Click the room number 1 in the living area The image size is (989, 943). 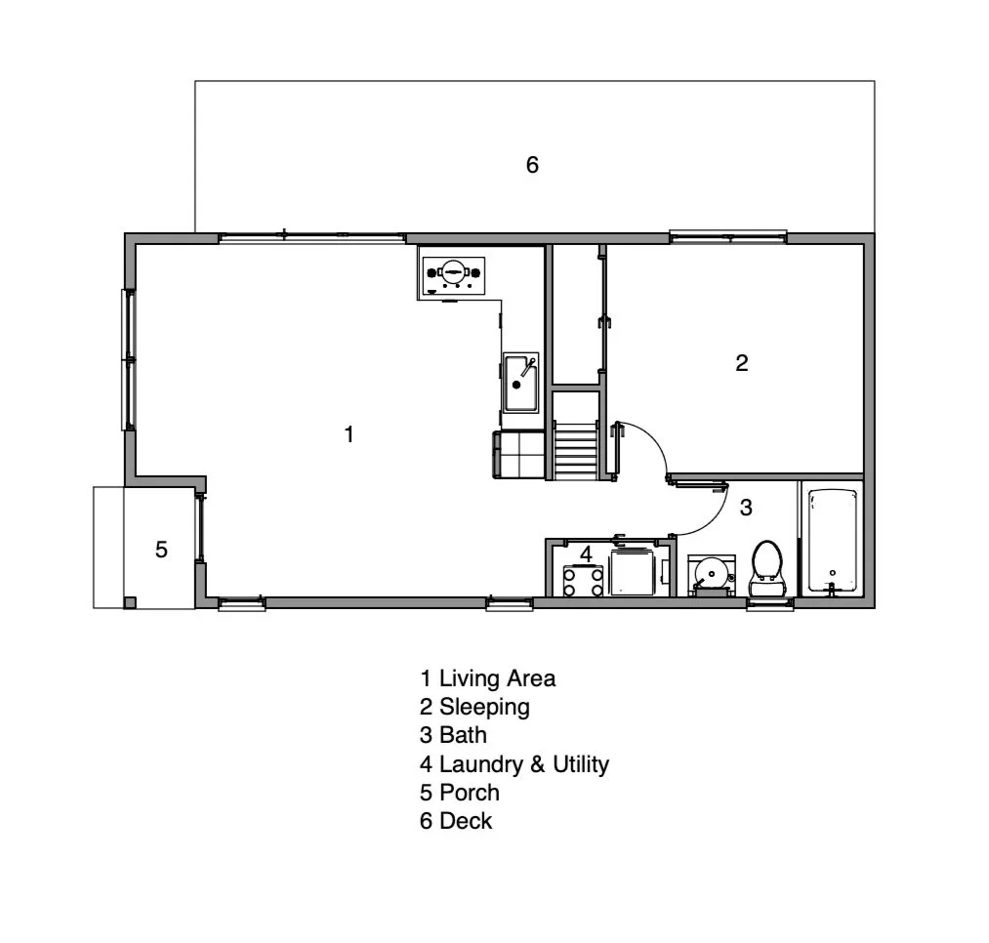point(350,434)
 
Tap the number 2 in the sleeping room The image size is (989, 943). point(742,363)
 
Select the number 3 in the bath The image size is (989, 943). point(746,508)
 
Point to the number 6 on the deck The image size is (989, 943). point(532,165)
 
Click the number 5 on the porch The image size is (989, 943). point(161,550)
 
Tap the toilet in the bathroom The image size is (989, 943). point(767,567)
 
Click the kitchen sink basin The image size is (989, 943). point(519,383)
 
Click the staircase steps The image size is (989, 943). point(575,450)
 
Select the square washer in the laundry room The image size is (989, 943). point(634,572)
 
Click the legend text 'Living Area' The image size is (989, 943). point(497,677)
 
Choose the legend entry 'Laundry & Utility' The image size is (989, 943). point(523,764)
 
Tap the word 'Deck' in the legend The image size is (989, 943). point(466,821)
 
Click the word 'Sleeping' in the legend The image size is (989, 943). point(484,707)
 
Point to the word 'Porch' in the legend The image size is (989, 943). point(469,793)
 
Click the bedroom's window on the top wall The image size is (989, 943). point(727,235)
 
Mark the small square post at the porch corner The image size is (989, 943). point(129,601)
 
